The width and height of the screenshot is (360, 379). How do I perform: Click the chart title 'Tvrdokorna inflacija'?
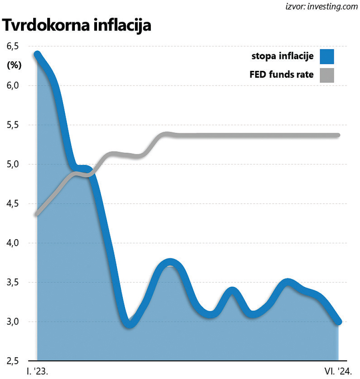(x=77, y=26)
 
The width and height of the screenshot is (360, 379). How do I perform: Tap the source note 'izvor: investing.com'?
(x=318, y=7)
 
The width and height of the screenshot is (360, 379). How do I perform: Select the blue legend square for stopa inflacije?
(x=327, y=56)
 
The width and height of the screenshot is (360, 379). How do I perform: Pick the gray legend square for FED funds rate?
(x=327, y=75)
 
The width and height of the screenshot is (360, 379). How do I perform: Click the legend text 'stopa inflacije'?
(x=283, y=56)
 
